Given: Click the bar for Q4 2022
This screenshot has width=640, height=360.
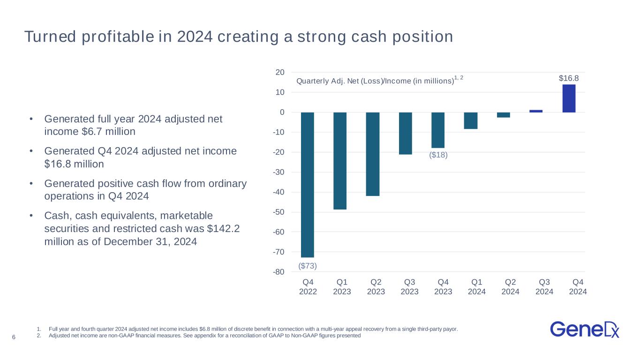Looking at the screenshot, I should (308, 185).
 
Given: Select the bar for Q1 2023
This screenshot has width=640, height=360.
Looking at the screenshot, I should (340, 161).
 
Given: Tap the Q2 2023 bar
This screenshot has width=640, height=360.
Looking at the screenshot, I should (373, 154).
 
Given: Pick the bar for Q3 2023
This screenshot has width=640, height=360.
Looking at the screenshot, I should (406, 134).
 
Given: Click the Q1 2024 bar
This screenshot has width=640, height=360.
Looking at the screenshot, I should (471, 121).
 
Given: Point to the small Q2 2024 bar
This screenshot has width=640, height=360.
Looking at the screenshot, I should (504, 115).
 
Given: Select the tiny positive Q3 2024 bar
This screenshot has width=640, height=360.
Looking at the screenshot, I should (536, 111).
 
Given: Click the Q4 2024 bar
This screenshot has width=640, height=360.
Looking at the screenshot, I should (569, 98).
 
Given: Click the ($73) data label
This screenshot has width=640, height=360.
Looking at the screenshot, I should (308, 266).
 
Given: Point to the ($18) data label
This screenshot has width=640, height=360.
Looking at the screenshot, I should (438, 155).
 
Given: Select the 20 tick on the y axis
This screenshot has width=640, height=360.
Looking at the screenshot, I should (280, 72).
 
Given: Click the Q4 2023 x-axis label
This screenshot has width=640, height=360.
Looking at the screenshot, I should (443, 286).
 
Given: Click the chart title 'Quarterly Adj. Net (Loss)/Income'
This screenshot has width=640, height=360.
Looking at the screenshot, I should (375, 81).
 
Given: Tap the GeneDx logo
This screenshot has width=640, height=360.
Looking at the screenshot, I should (585, 329).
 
